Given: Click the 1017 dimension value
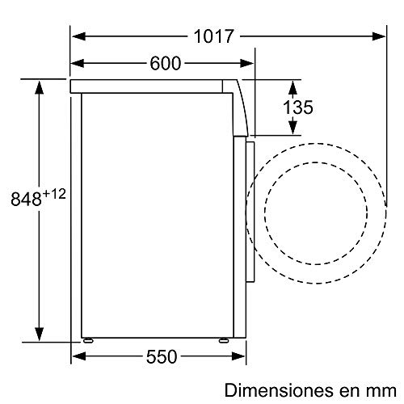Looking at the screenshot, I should pos(213,36).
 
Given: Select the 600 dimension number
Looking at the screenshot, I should pos(164,64).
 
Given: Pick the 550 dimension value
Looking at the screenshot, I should pos(162,356).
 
